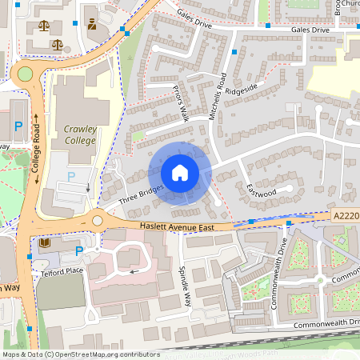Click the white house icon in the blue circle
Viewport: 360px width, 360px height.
coord(180,173)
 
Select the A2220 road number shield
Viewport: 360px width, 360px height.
coord(344,216)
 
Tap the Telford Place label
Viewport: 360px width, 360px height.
coord(58,271)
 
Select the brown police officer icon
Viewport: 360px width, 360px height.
coord(93,25)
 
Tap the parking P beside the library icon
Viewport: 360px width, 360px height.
coord(78,252)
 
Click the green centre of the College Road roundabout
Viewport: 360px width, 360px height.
coord(25,74)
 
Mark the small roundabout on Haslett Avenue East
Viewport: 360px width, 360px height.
coord(98,220)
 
